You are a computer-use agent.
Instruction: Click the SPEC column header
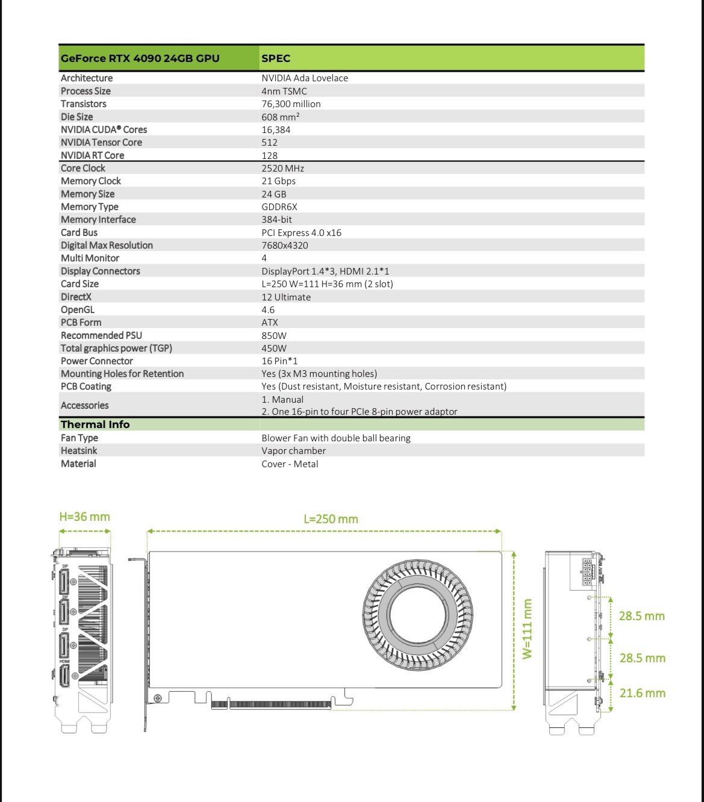(276, 58)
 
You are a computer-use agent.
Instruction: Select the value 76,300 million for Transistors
(291, 104)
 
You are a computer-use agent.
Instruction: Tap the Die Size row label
(76, 117)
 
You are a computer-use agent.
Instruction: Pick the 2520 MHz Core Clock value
(282, 169)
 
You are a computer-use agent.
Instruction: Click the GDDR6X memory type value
(279, 207)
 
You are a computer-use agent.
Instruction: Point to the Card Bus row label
(79, 232)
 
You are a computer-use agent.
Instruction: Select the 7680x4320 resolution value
(284, 246)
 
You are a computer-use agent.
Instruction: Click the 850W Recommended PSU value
(274, 335)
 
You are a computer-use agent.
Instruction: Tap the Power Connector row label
(96, 361)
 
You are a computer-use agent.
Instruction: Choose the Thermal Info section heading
(95, 424)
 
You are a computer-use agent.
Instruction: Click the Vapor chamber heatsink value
(293, 451)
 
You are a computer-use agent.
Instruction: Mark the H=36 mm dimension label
(84, 517)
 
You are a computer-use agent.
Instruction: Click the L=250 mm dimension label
(331, 519)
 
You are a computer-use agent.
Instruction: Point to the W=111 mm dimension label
(528, 629)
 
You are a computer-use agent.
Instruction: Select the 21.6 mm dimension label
(642, 693)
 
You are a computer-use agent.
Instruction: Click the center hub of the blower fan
(418, 615)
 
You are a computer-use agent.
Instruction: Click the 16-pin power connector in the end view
(587, 571)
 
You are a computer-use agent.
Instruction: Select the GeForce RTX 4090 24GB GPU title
(140, 58)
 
